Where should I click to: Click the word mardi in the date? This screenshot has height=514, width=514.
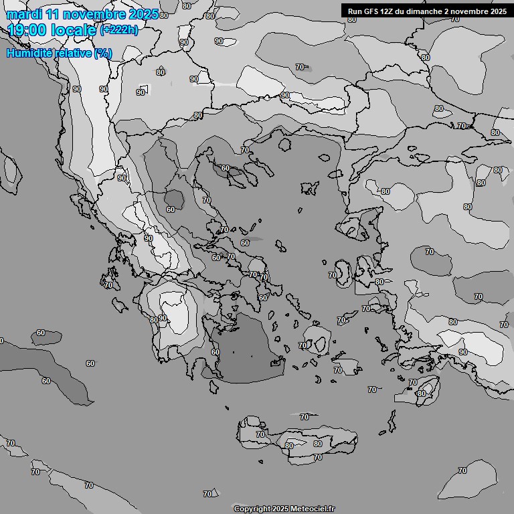tap(21, 14)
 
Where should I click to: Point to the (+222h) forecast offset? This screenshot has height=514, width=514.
tap(119, 30)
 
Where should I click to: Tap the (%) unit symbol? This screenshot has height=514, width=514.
tap(103, 54)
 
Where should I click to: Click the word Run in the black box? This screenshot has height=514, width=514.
tap(355, 11)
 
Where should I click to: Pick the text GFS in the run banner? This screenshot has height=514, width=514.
tap(371, 11)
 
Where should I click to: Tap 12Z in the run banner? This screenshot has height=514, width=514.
tap(389, 11)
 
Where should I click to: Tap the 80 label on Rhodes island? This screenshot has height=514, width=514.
tap(421, 394)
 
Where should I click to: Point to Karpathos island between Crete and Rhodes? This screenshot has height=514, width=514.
tap(391, 422)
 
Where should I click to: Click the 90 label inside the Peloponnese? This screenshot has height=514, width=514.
tap(162, 318)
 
